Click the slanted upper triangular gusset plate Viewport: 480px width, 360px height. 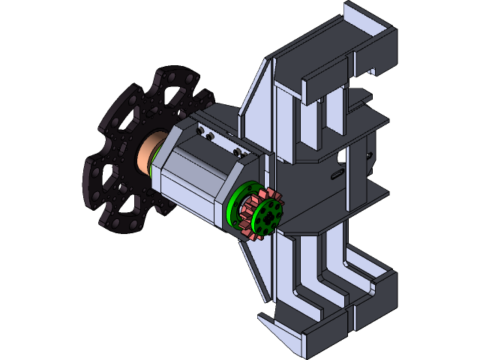coord(255,97)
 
